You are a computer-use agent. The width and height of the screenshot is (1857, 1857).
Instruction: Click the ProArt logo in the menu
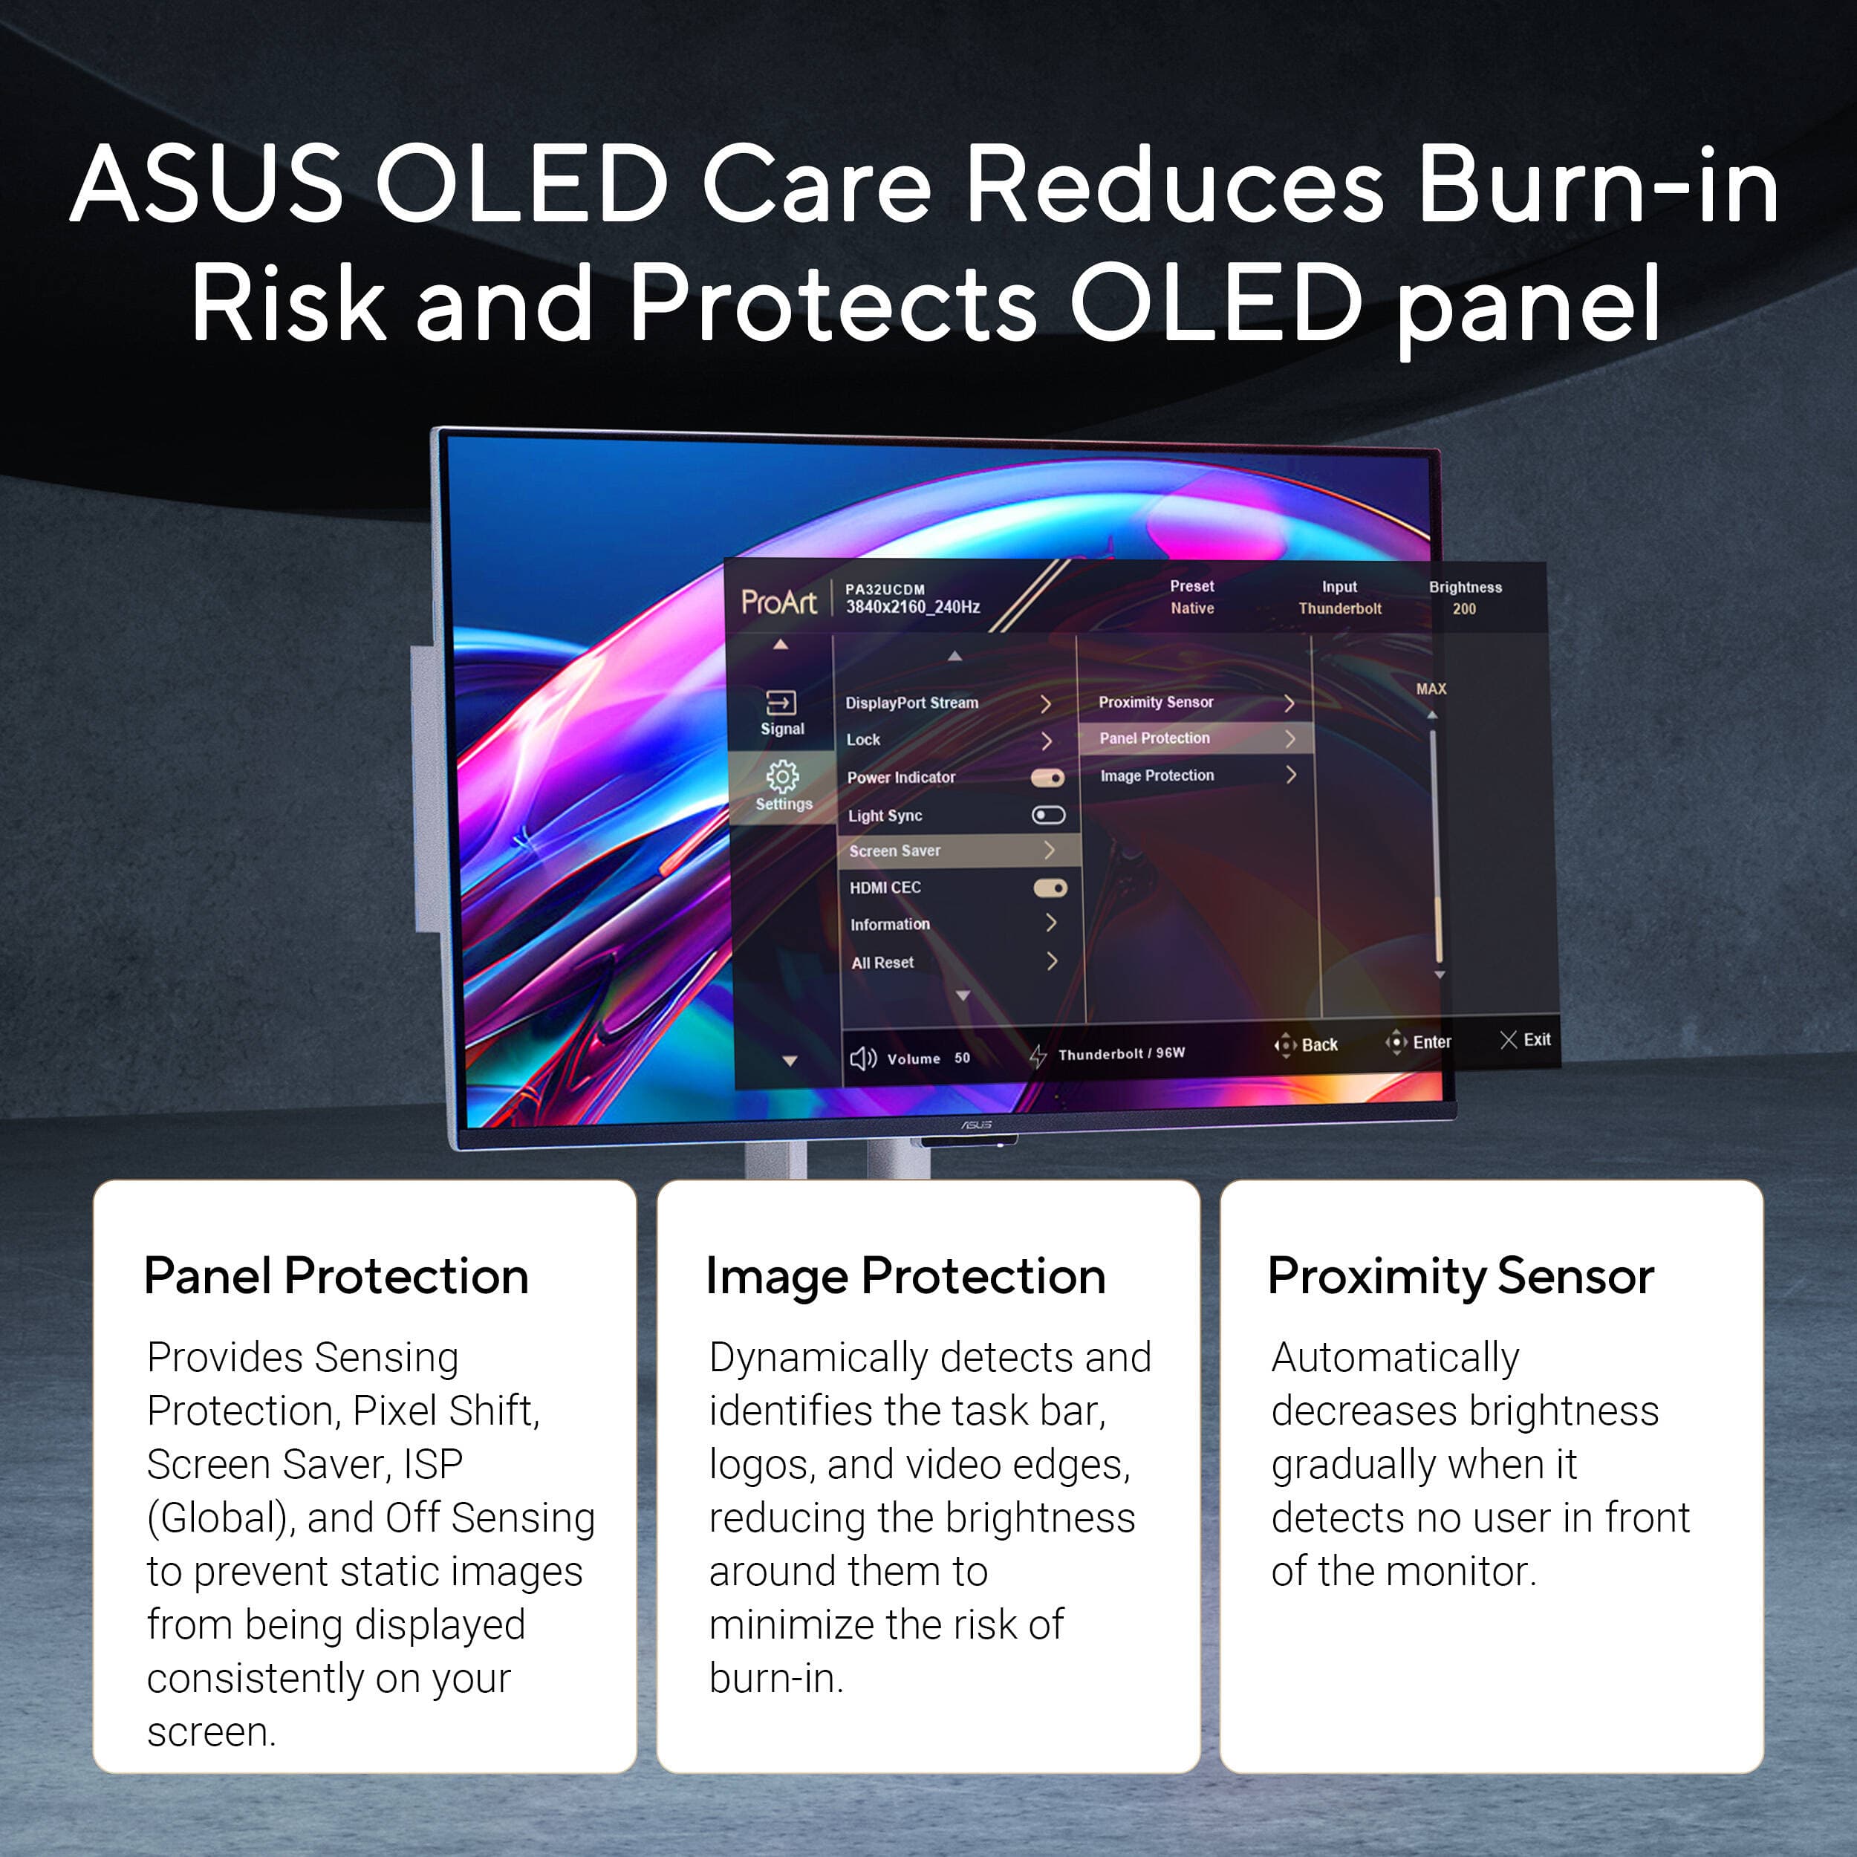[778, 602]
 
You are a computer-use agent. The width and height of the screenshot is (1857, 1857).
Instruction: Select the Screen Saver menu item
[895, 851]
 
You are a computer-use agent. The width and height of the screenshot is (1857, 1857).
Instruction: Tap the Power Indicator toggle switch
[1047, 778]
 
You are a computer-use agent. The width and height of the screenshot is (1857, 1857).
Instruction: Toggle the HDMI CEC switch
[1050, 888]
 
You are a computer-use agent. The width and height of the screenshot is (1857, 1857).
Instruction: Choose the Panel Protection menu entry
[1154, 738]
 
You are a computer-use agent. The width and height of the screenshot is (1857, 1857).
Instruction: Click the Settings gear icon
[782, 775]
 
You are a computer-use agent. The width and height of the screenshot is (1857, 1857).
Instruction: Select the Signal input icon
[781, 703]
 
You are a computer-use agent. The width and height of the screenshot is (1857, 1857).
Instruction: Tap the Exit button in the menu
[1526, 1039]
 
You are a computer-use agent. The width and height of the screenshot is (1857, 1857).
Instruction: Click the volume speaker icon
[862, 1058]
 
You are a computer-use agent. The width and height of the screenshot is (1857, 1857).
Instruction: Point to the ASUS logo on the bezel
[977, 1125]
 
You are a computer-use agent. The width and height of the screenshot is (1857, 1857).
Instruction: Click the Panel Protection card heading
[336, 1276]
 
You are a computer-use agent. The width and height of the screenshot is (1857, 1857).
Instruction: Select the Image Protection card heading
[905, 1276]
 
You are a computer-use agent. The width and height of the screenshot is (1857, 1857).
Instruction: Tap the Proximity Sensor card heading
[1460, 1276]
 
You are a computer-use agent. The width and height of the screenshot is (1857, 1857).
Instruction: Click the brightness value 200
[1464, 608]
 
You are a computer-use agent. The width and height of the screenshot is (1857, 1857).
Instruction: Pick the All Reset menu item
[882, 962]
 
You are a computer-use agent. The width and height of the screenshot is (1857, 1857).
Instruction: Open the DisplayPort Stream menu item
[911, 703]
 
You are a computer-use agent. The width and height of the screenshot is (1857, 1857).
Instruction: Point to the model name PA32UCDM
[884, 589]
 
